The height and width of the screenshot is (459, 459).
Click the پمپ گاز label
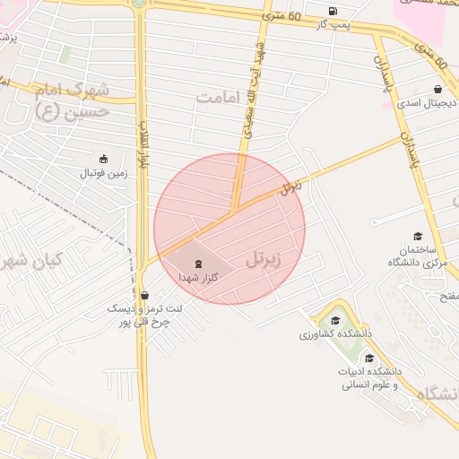click(x=333, y=23)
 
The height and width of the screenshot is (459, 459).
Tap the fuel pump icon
click(x=333, y=11)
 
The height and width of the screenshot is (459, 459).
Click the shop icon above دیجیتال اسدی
click(x=437, y=90)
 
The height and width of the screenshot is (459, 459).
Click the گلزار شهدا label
click(x=197, y=278)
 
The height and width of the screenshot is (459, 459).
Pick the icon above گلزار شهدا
click(x=197, y=264)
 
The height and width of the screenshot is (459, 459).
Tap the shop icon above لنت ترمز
click(x=144, y=294)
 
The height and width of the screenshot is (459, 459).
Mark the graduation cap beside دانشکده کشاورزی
click(x=335, y=320)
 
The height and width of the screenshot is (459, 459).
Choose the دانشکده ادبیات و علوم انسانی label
click(x=370, y=377)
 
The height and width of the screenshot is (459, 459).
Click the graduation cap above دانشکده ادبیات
click(x=369, y=358)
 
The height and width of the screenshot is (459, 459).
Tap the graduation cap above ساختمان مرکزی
click(x=418, y=235)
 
